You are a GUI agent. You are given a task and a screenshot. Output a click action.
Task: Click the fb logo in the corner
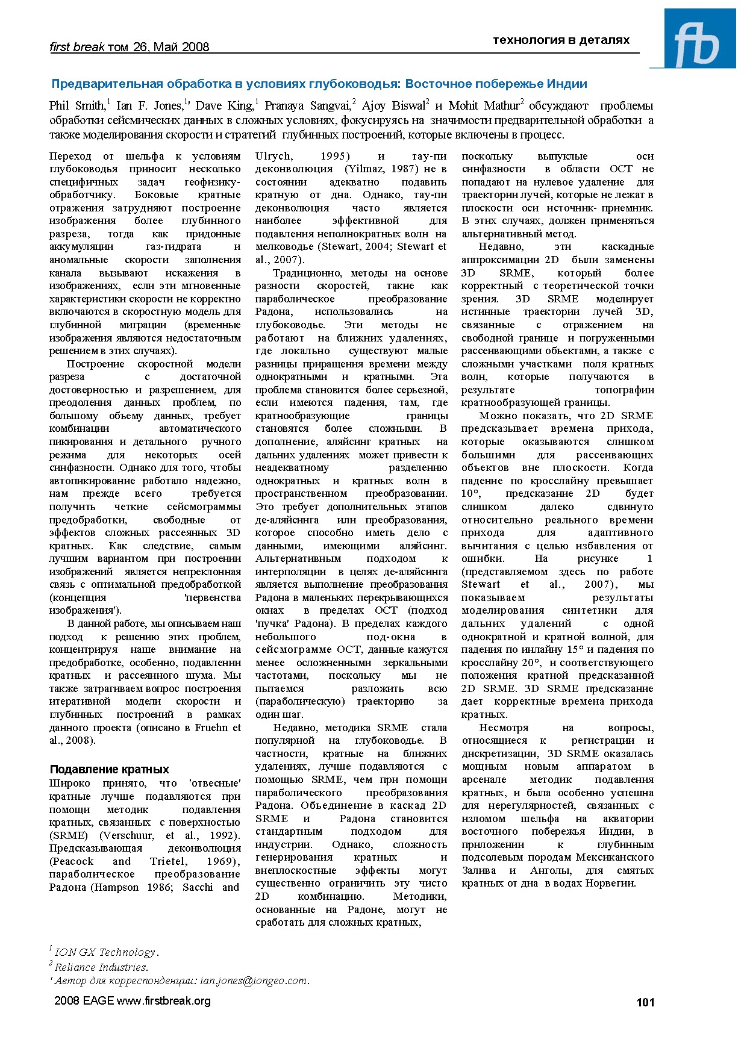700,39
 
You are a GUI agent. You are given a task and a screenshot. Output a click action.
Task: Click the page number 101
645,1002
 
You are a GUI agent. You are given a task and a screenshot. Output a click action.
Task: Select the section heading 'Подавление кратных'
109,769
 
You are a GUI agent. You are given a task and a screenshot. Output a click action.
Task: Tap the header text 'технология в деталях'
561,40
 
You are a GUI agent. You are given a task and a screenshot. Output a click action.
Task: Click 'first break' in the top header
77,47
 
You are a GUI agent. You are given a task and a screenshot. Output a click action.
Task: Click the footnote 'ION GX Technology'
105,952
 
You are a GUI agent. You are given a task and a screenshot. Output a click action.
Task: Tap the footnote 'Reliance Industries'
101,967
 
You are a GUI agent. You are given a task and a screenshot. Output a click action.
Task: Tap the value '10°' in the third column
471,494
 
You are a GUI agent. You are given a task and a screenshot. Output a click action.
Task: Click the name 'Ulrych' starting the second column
274,156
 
